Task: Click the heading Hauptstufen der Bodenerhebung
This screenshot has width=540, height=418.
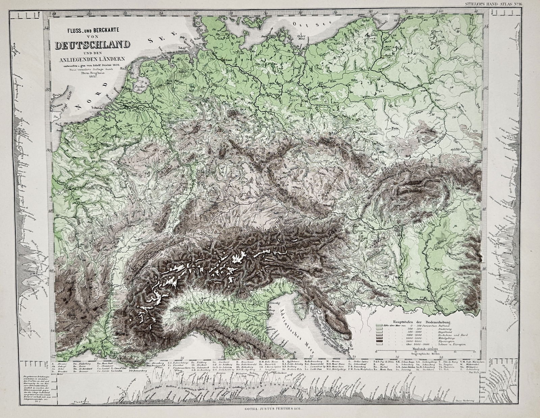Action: pyautogui.click(x=422, y=322)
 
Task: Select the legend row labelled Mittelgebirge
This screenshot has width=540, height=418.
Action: pyautogui.click(x=447, y=338)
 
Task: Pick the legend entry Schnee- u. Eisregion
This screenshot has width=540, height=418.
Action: pyautogui.click(x=452, y=344)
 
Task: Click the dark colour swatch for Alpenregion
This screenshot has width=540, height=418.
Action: pyautogui.click(x=379, y=341)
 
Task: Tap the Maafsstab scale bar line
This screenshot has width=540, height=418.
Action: pyautogui.click(x=425, y=350)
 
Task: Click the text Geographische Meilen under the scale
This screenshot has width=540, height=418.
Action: pyautogui.click(x=425, y=354)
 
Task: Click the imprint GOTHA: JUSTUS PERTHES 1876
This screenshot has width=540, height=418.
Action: pyautogui.click(x=269, y=409)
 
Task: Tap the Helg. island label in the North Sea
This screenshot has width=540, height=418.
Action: pyautogui.click(x=182, y=37)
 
